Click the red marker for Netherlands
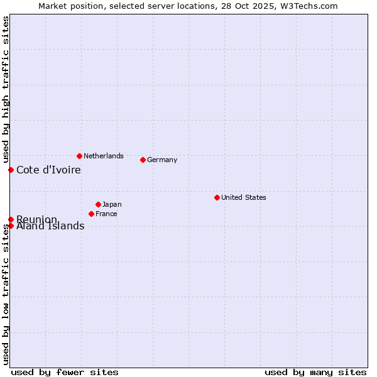coord(79,156)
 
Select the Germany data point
coord(143,160)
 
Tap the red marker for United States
coord(217,197)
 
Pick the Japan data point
coord(98,204)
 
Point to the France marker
coord(91,214)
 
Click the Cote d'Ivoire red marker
coord(11,170)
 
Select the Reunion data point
coord(11,219)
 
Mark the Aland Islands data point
coord(11,226)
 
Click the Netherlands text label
coord(104,156)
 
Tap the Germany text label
coord(162,160)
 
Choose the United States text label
coord(244,197)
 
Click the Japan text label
coord(112,204)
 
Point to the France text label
coord(106,214)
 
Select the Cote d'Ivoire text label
coord(48,170)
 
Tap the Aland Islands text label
coord(50,227)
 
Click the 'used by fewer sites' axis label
coord(65,372)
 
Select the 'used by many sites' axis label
coord(315,372)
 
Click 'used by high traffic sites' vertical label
coord(6,89)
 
